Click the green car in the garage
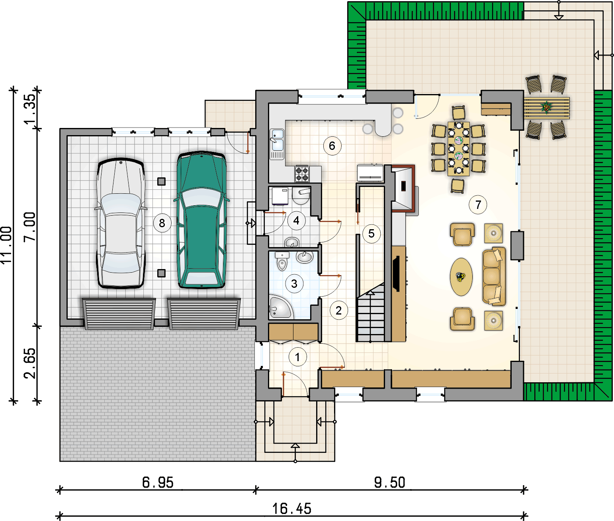[202, 220]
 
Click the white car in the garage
[121, 223]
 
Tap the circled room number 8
[162, 223]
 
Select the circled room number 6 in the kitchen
[332, 146]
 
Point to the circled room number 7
[478, 204]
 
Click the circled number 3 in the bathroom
[294, 284]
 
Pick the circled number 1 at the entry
[297, 357]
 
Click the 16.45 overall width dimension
[292, 509]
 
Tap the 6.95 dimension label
[158, 482]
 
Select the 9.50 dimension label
[389, 482]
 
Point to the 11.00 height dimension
[6, 245]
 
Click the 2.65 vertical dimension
[30, 364]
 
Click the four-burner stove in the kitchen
[302, 174]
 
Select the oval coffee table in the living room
[461, 277]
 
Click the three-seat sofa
[494, 276]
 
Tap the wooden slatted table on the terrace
[547, 108]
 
